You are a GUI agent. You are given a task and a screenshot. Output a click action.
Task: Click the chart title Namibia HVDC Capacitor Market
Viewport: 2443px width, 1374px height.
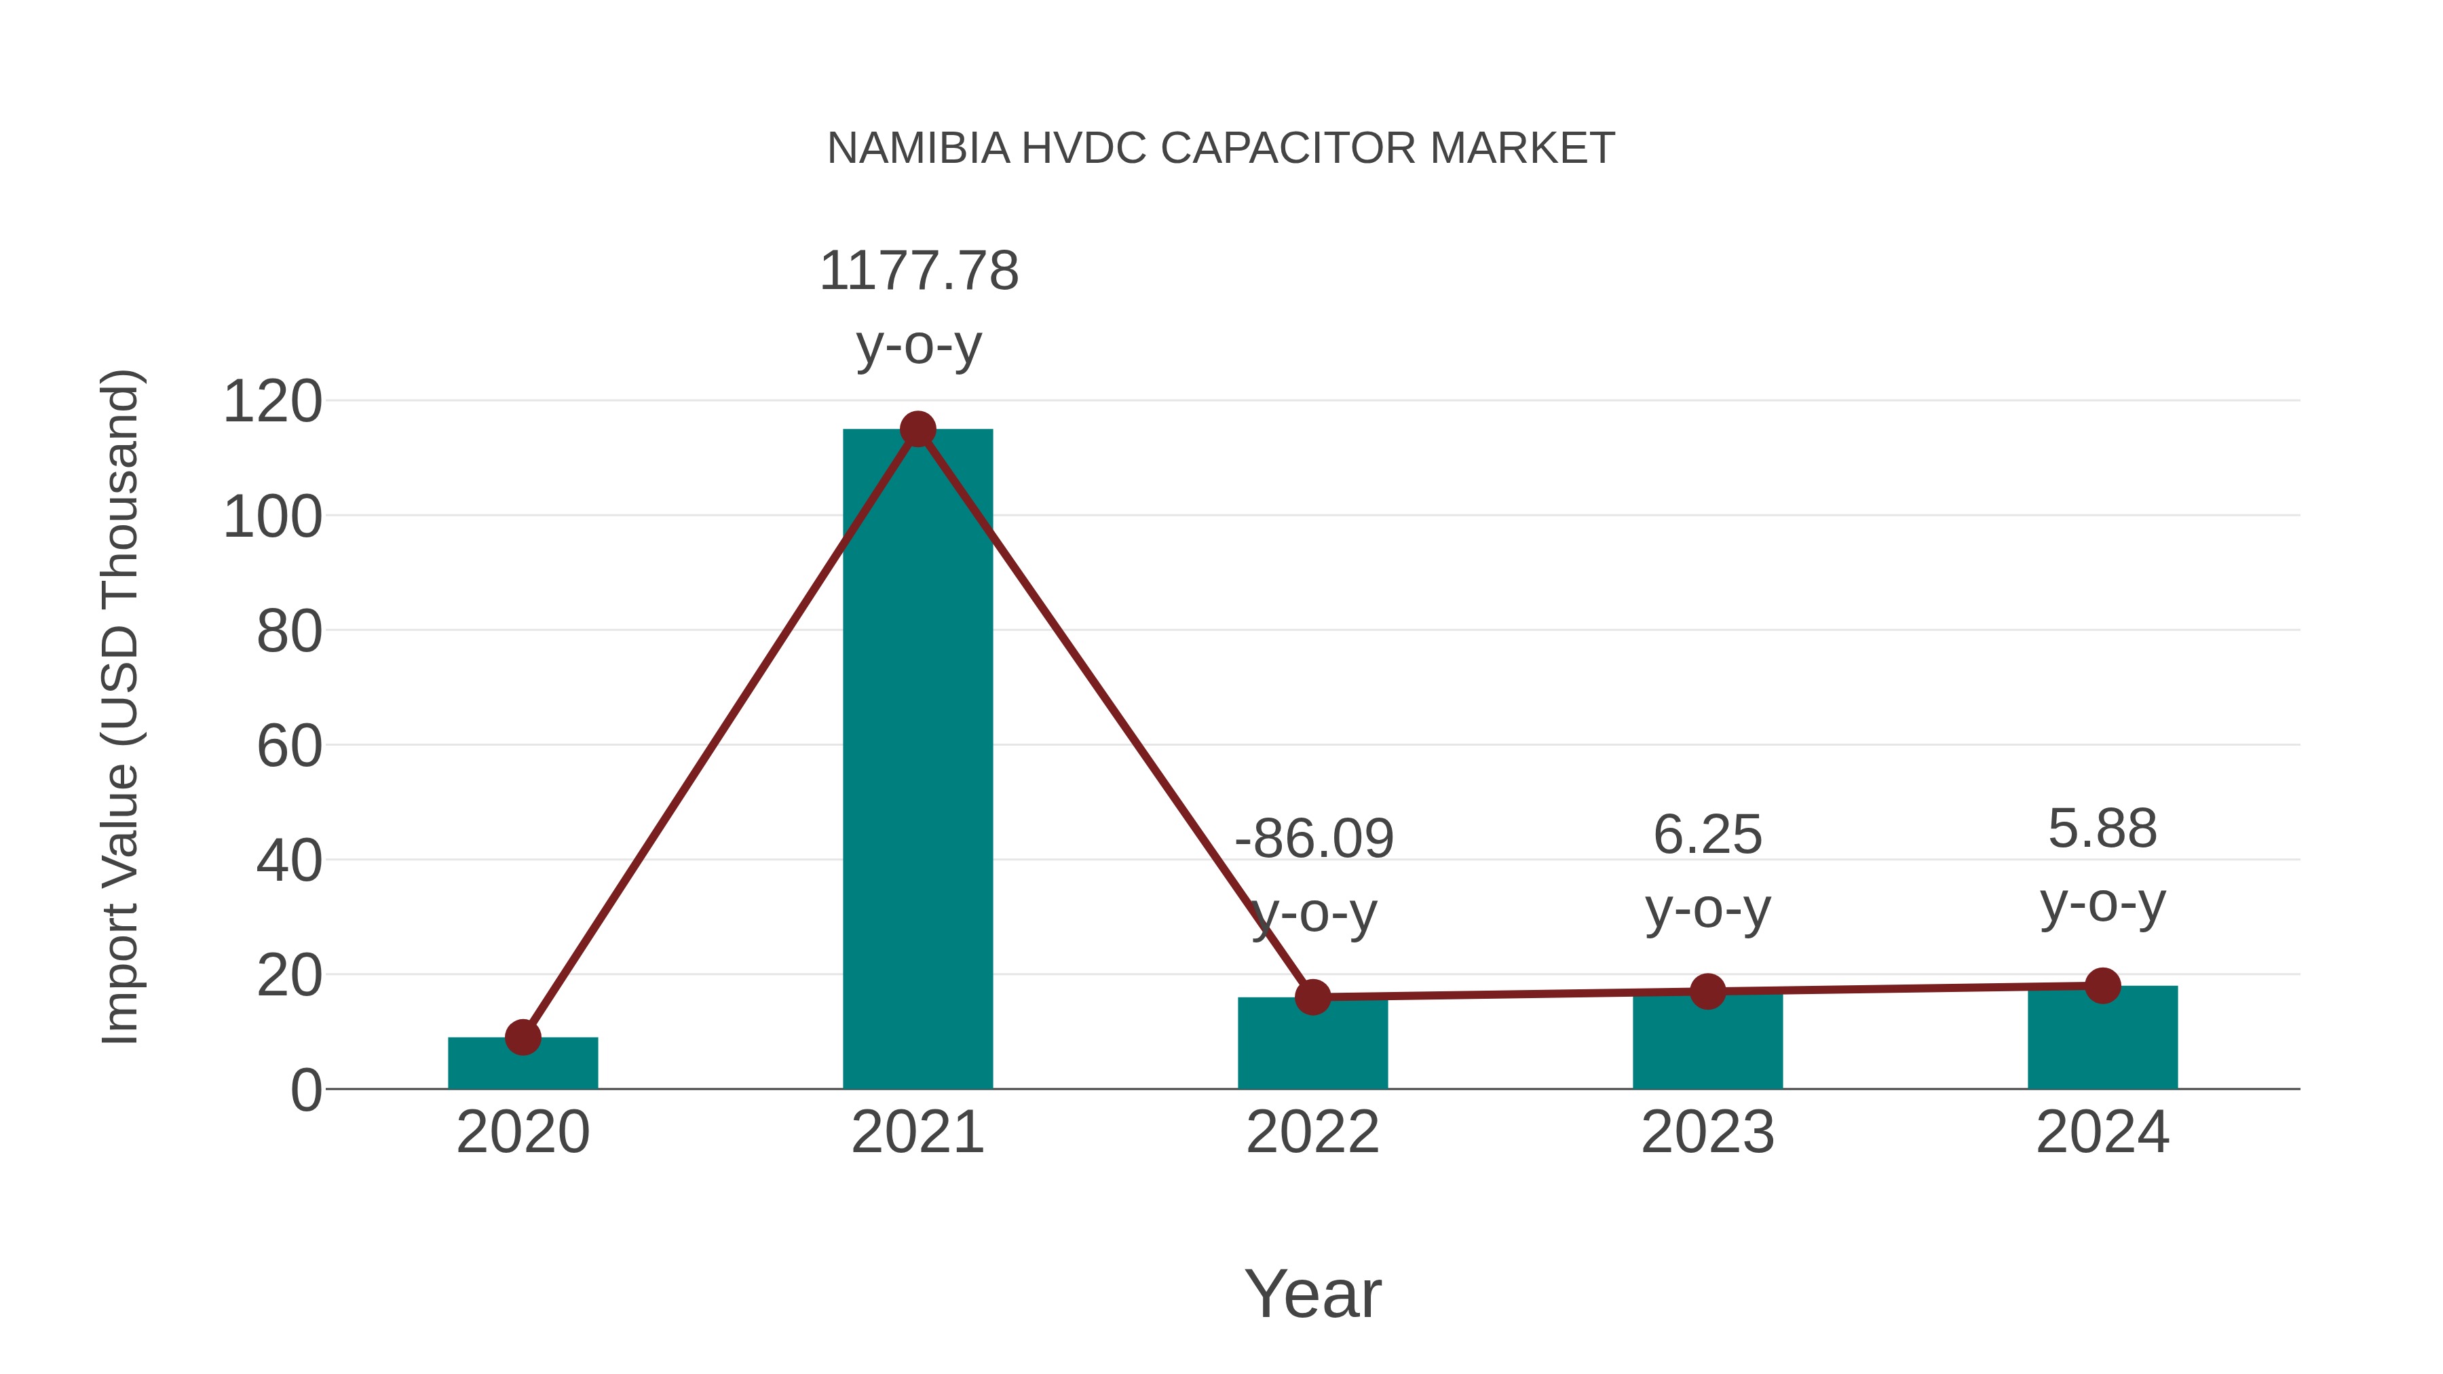click(1221, 148)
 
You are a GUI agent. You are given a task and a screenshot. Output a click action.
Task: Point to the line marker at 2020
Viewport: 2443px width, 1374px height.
click(523, 1037)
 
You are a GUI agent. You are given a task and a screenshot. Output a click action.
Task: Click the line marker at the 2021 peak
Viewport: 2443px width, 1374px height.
click(917, 430)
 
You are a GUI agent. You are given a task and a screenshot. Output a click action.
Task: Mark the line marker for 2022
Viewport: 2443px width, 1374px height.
click(1312, 997)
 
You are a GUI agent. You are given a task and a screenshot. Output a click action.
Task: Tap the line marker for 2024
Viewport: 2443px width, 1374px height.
click(2102, 985)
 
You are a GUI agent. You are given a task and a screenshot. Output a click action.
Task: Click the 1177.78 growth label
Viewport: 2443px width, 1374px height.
click(919, 271)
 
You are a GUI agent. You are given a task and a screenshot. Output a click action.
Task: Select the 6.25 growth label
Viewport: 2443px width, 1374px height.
click(1707, 835)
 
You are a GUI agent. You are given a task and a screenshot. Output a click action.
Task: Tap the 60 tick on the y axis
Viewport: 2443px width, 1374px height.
click(289, 746)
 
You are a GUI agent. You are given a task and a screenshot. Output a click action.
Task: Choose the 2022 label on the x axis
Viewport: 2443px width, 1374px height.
click(1312, 1132)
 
